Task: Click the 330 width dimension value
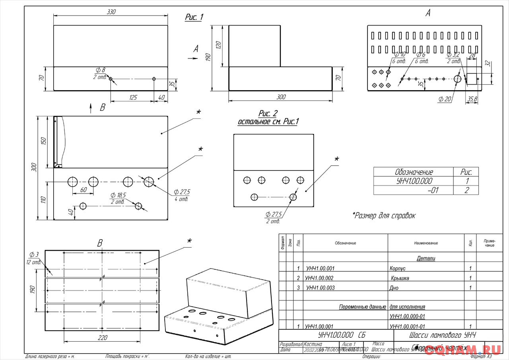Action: coord(111,12)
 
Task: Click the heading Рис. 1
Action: coord(194,17)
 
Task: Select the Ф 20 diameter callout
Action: coord(445,99)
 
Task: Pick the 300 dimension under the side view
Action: coord(281,97)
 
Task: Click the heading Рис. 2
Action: coord(268,114)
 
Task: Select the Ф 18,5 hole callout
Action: coord(119,195)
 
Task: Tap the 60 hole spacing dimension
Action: coord(83,190)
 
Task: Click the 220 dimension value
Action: coord(102,338)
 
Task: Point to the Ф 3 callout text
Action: coord(34,254)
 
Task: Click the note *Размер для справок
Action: coord(384,216)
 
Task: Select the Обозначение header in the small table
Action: coord(414,172)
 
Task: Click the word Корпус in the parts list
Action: coord(398,269)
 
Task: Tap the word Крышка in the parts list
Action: coord(400,278)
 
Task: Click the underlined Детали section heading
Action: coord(426,259)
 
